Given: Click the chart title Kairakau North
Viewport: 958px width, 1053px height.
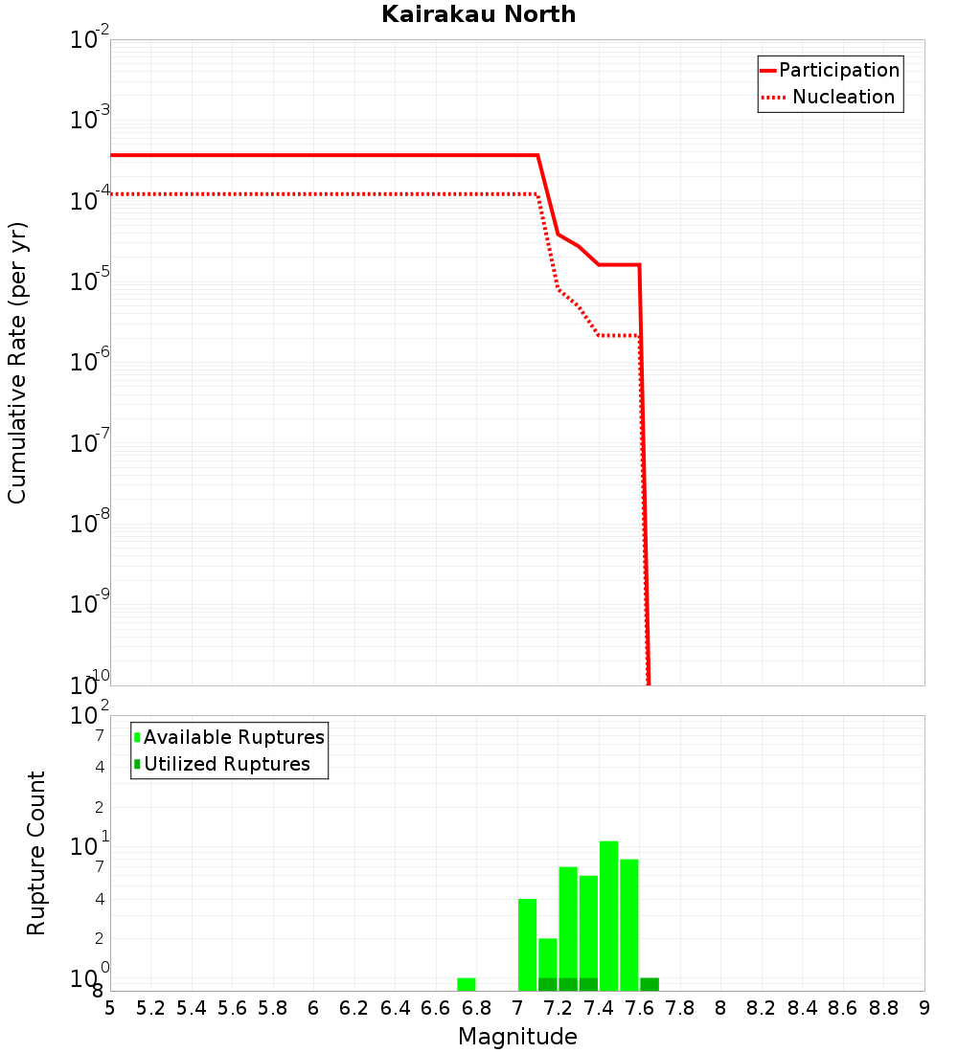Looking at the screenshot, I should click(x=478, y=14).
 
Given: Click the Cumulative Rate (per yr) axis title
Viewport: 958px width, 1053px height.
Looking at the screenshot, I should click(x=17, y=363).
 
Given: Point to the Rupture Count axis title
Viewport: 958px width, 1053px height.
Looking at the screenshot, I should click(x=36, y=853).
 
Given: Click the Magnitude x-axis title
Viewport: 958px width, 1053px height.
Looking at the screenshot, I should click(x=517, y=1037).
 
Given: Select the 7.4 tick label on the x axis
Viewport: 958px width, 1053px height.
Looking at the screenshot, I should click(x=599, y=1008).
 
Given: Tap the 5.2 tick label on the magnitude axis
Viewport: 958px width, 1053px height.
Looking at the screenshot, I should click(x=150, y=1008).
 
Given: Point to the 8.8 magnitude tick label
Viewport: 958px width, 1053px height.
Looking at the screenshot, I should click(x=884, y=1008).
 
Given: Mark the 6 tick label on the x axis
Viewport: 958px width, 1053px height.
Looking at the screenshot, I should click(x=313, y=1008).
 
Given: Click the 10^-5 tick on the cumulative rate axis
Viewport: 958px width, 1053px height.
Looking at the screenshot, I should click(x=91, y=281).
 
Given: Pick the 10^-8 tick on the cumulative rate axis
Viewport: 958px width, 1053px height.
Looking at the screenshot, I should click(x=91, y=524).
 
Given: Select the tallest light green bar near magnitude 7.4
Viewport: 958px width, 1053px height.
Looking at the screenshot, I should click(x=608, y=914).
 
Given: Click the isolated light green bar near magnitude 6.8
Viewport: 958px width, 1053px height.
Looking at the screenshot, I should click(x=467, y=984).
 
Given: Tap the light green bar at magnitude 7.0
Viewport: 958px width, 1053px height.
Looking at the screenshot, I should click(x=527, y=944).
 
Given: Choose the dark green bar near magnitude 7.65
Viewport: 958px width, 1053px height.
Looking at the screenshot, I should click(x=650, y=984).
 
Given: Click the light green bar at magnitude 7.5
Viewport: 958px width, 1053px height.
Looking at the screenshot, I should click(x=629, y=924).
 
